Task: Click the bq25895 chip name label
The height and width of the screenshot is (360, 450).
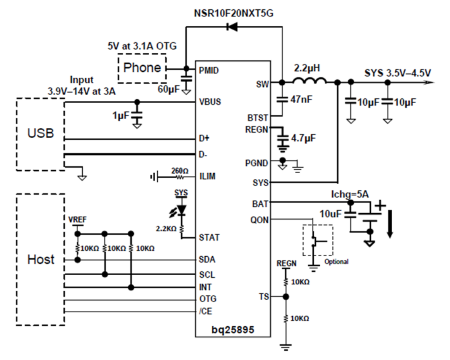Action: coord(233,330)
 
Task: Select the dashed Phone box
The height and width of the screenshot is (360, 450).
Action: coord(142,68)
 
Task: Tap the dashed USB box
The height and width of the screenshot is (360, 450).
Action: coord(40,134)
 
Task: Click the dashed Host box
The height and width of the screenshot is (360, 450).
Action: coord(40,259)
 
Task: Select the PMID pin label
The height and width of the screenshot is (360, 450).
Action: coord(210,70)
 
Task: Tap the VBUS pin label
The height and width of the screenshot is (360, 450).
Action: coord(210,102)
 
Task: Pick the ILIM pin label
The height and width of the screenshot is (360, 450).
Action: coord(207,177)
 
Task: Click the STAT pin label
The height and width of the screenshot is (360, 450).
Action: coord(209,238)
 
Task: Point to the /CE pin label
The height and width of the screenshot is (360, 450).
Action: coord(205,312)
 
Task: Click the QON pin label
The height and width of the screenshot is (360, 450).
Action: coord(259,220)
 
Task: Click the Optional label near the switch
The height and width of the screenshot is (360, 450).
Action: coord(337,262)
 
